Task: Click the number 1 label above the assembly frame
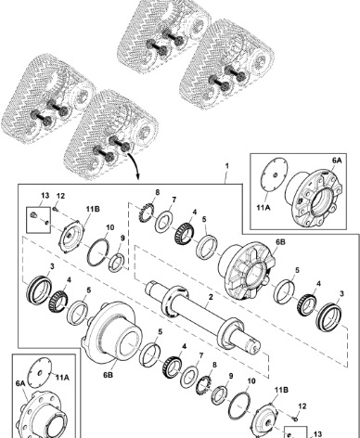227,166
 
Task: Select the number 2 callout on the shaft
211,297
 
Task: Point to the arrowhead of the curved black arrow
137,177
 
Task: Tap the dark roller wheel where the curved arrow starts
126,147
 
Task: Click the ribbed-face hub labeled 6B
247,270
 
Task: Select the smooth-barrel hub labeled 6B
110,331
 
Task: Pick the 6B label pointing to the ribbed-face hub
280,242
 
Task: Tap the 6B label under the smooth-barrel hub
108,375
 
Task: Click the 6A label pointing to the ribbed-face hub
337,161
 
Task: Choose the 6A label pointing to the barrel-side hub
20,383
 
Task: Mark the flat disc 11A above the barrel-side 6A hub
40,372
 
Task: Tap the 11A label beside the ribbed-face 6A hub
264,207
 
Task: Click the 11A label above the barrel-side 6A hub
62,378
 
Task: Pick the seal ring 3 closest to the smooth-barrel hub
39,291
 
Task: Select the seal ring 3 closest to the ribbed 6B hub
330,317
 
